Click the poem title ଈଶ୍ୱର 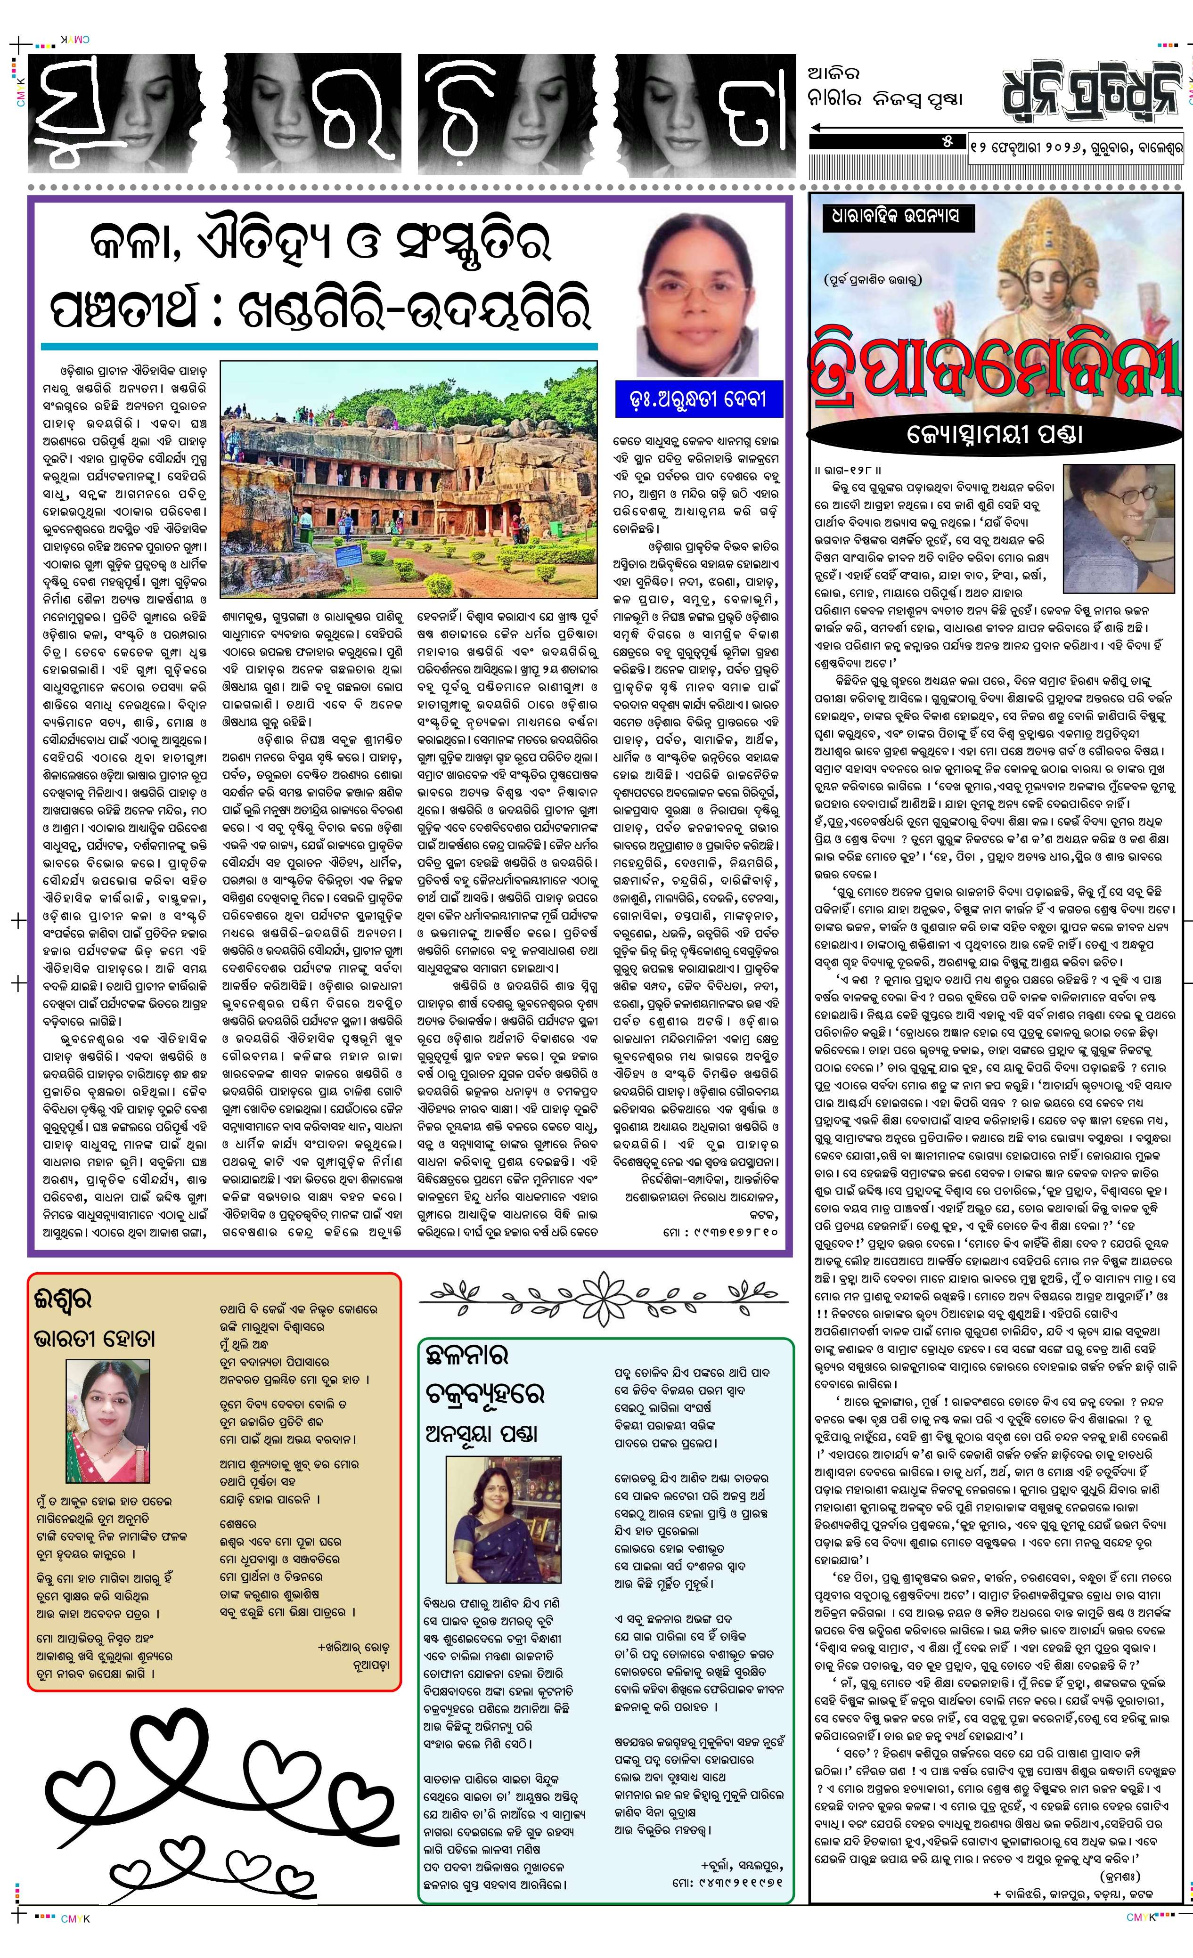point(64,1299)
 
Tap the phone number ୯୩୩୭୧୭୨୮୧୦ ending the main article point(723,1232)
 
